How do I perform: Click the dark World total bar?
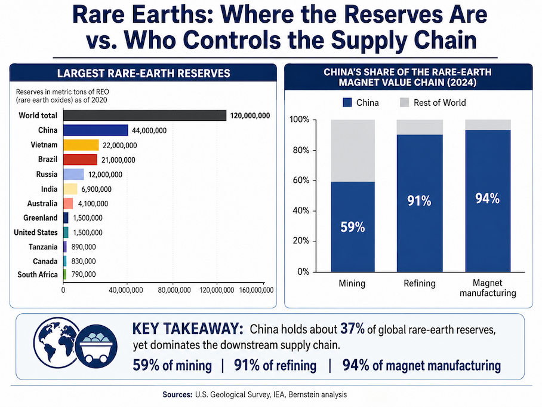[145, 115]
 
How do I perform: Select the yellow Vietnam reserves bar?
[81, 145]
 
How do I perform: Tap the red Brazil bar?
[80, 160]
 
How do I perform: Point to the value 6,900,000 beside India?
[97, 189]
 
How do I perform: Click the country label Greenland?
[41, 218]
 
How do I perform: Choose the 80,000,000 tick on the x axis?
[174, 290]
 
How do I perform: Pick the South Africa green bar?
[64, 274]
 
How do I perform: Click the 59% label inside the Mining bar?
[353, 227]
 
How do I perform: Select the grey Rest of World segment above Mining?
[353, 151]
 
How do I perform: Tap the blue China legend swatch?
[347, 102]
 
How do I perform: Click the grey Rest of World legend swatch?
[405, 102]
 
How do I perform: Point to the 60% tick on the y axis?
[301, 180]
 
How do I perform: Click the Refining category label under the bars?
[420, 283]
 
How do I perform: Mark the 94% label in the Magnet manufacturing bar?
[488, 198]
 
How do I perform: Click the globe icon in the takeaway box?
[57, 342]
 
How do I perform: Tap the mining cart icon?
[97, 347]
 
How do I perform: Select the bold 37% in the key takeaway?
[353, 329]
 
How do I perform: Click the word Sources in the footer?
[177, 394]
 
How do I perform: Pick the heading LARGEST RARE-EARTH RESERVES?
[144, 74]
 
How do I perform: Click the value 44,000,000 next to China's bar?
[149, 130]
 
